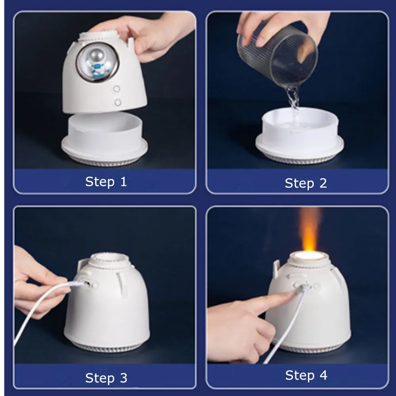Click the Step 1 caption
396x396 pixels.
(x=106, y=182)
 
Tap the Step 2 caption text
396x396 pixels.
(x=306, y=183)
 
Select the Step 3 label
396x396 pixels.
(x=106, y=378)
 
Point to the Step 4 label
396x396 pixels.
(x=306, y=375)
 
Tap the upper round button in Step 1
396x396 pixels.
(x=116, y=89)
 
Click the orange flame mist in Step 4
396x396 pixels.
(x=308, y=228)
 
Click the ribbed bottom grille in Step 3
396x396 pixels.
(x=107, y=348)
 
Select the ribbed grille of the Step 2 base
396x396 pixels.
(x=299, y=160)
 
